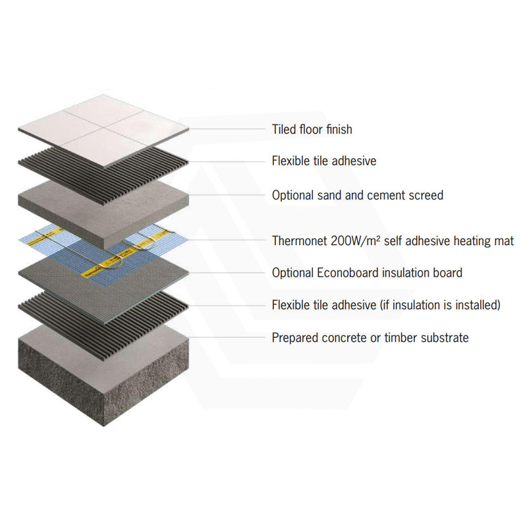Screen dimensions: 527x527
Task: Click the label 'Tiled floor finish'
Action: (312, 129)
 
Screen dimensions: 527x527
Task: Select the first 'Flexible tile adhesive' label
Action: (324, 161)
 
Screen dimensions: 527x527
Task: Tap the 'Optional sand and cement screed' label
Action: (357, 195)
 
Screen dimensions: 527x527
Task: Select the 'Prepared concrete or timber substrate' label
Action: (370, 338)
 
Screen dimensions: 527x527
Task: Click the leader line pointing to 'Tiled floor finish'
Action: (224, 129)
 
